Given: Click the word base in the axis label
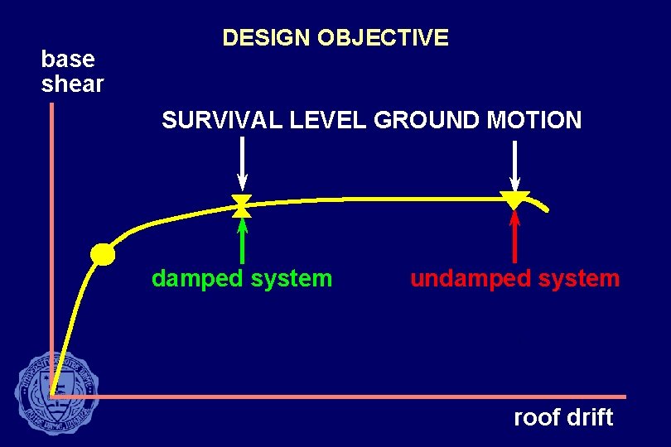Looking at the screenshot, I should click(x=68, y=60).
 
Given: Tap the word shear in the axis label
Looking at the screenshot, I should click(x=72, y=84).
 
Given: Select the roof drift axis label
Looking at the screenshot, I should click(x=563, y=417).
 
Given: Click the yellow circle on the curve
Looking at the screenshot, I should click(x=103, y=254).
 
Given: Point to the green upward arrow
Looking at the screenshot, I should click(x=242, y=239).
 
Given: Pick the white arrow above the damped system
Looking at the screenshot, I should click(x=242, y=162).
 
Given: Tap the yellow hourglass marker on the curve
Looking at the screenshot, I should click(x=242, y=205).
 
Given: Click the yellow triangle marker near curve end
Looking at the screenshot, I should click(x=514, y=199).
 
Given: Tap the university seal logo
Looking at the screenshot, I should click(x=56, y=391).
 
